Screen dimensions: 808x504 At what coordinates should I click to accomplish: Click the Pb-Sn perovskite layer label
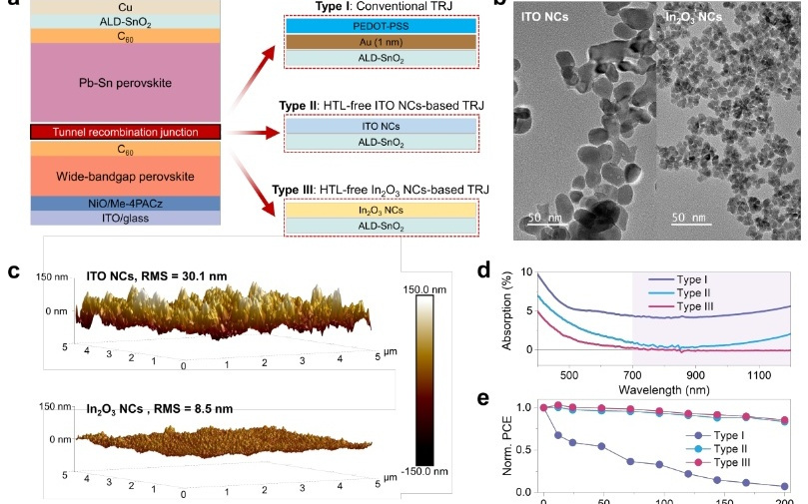tap(125, 83)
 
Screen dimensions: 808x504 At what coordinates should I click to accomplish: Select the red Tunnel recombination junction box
tap(125, 132)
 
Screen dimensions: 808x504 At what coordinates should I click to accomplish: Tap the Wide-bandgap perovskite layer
tap(125, 176)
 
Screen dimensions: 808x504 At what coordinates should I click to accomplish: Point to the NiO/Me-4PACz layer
tap(125, 204)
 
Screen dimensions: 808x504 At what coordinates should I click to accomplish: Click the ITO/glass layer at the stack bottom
tap(125, 218)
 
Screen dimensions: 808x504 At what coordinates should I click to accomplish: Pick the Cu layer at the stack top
tap(125, 7)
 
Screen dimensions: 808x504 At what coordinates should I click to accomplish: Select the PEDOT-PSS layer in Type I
tap(381, 26)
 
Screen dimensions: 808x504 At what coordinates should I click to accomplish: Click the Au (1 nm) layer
tap(381, 42)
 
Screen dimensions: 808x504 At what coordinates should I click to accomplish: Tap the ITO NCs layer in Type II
tap(381, 126)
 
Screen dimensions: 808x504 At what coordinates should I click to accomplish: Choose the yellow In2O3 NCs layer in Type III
tap(381, 210)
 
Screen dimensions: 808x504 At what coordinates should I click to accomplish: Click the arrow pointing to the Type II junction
tap(252, 133)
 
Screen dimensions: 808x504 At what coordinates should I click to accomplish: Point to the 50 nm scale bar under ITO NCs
tap(547, 224)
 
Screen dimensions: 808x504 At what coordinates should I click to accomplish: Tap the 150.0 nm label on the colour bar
tap(424, 289)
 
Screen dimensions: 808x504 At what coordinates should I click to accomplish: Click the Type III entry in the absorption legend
tap(695, 306)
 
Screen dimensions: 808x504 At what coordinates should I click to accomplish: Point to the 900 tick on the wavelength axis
tap(696, 375)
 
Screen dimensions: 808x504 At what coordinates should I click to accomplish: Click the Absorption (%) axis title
tap(506, 310)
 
